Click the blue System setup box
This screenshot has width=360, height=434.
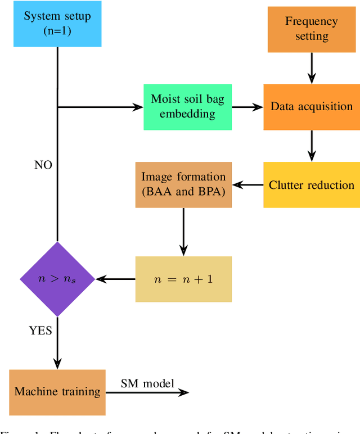point(57,24)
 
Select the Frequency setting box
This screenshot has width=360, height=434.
point(311,29)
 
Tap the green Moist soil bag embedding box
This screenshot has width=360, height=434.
point(187,106)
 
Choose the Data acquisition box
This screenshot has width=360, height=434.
point(311,106)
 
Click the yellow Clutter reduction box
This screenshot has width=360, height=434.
point(311,185)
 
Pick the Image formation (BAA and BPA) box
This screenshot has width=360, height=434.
point(183,185)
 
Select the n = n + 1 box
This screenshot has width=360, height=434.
point(183,279)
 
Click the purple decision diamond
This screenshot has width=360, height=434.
point(57,279)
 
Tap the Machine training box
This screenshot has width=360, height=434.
point(57,392)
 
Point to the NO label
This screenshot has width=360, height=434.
point(43,165)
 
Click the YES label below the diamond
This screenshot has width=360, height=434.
point(40,331)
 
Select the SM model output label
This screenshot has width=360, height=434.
point(147,383)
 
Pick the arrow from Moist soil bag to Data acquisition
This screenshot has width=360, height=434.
point(247,106)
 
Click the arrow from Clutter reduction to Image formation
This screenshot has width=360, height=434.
point(247,185)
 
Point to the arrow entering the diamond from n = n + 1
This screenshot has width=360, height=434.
point(115,279)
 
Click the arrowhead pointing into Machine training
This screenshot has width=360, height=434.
point(57,364)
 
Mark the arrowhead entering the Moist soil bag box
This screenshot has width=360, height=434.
point(137,106)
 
